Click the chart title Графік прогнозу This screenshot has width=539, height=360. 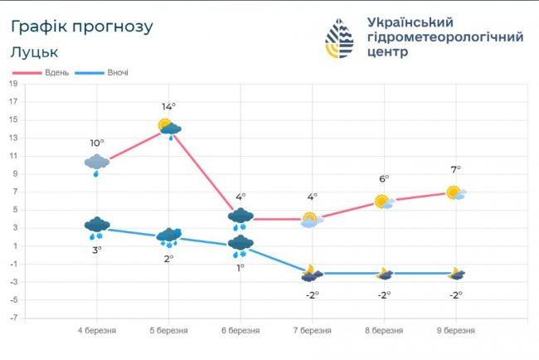point(82,27)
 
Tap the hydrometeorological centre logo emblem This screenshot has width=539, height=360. point(339,38)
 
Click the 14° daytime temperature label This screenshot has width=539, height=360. point(168,106)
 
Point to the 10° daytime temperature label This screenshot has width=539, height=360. point(97,143)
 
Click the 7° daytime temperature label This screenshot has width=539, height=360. point(455,169)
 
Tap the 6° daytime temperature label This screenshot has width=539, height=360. point(384,178)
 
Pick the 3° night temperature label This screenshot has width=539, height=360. point(97,250)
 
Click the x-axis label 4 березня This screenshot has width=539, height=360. point(97,330)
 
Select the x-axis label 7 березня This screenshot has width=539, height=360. point(312,330)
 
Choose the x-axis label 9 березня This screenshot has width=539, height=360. point(455,330)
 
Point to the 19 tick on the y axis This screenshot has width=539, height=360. point(14,84)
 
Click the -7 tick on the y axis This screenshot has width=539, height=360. point(13,318)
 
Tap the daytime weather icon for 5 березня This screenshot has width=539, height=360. point(169,128)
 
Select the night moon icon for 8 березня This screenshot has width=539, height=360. point(384,273)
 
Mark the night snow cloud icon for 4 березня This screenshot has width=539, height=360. point(97,226)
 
